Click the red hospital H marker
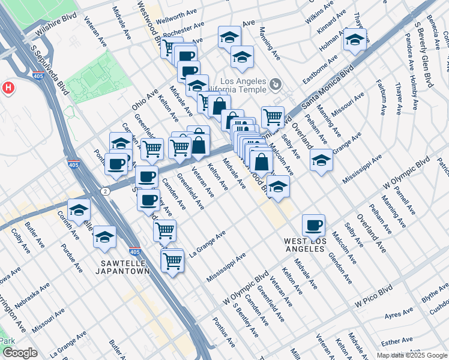(x=8, y=88)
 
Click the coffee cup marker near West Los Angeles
(x=313, y=226)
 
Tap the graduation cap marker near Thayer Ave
(x=355, y=40)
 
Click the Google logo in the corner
(x=20, y=353)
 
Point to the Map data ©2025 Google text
(x=411, y=355)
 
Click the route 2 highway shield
(x=106, y=191)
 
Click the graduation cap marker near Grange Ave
(x=321, y=160)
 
